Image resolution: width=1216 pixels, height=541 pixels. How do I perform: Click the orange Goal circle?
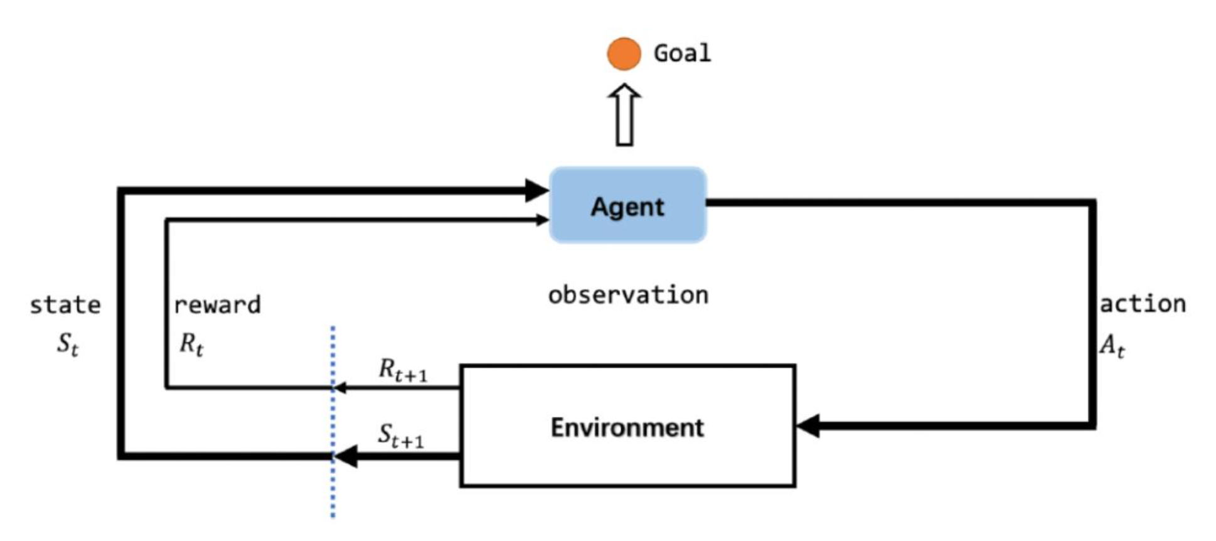tap(624, 53)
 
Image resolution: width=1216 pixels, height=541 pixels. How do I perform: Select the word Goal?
tap(682, 53)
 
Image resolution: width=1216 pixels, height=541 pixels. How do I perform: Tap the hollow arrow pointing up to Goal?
tap(624, 115)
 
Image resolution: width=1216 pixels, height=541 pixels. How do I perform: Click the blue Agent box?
tap(627, 205)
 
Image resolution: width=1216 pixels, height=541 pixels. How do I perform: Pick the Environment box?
tap(627, 426)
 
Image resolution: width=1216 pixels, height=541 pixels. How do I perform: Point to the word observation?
tap(628, 295)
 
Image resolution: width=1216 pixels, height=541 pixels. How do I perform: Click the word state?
tap(65, 305)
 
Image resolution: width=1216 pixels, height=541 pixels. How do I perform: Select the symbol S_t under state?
tap(68, 343)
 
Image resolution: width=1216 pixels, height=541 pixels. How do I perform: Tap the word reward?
tap(217, 305)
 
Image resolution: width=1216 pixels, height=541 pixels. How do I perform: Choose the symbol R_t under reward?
tap(191, 343)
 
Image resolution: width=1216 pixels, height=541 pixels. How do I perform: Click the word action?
tap(1143, 304)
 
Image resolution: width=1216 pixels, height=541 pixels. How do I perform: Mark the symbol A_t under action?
tap(1112, 345)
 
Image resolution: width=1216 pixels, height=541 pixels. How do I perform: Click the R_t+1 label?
tap(403, 370)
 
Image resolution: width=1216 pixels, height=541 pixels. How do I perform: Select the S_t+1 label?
tap(401, 436)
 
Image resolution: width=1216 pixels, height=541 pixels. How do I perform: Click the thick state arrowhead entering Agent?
tap(537, 190)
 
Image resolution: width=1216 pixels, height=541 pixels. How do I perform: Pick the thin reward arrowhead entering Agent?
tap(543, 220)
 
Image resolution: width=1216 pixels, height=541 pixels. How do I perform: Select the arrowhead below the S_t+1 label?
tap(345, 456)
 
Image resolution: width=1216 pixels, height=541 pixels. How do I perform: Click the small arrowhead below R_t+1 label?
tap(340, 388)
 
